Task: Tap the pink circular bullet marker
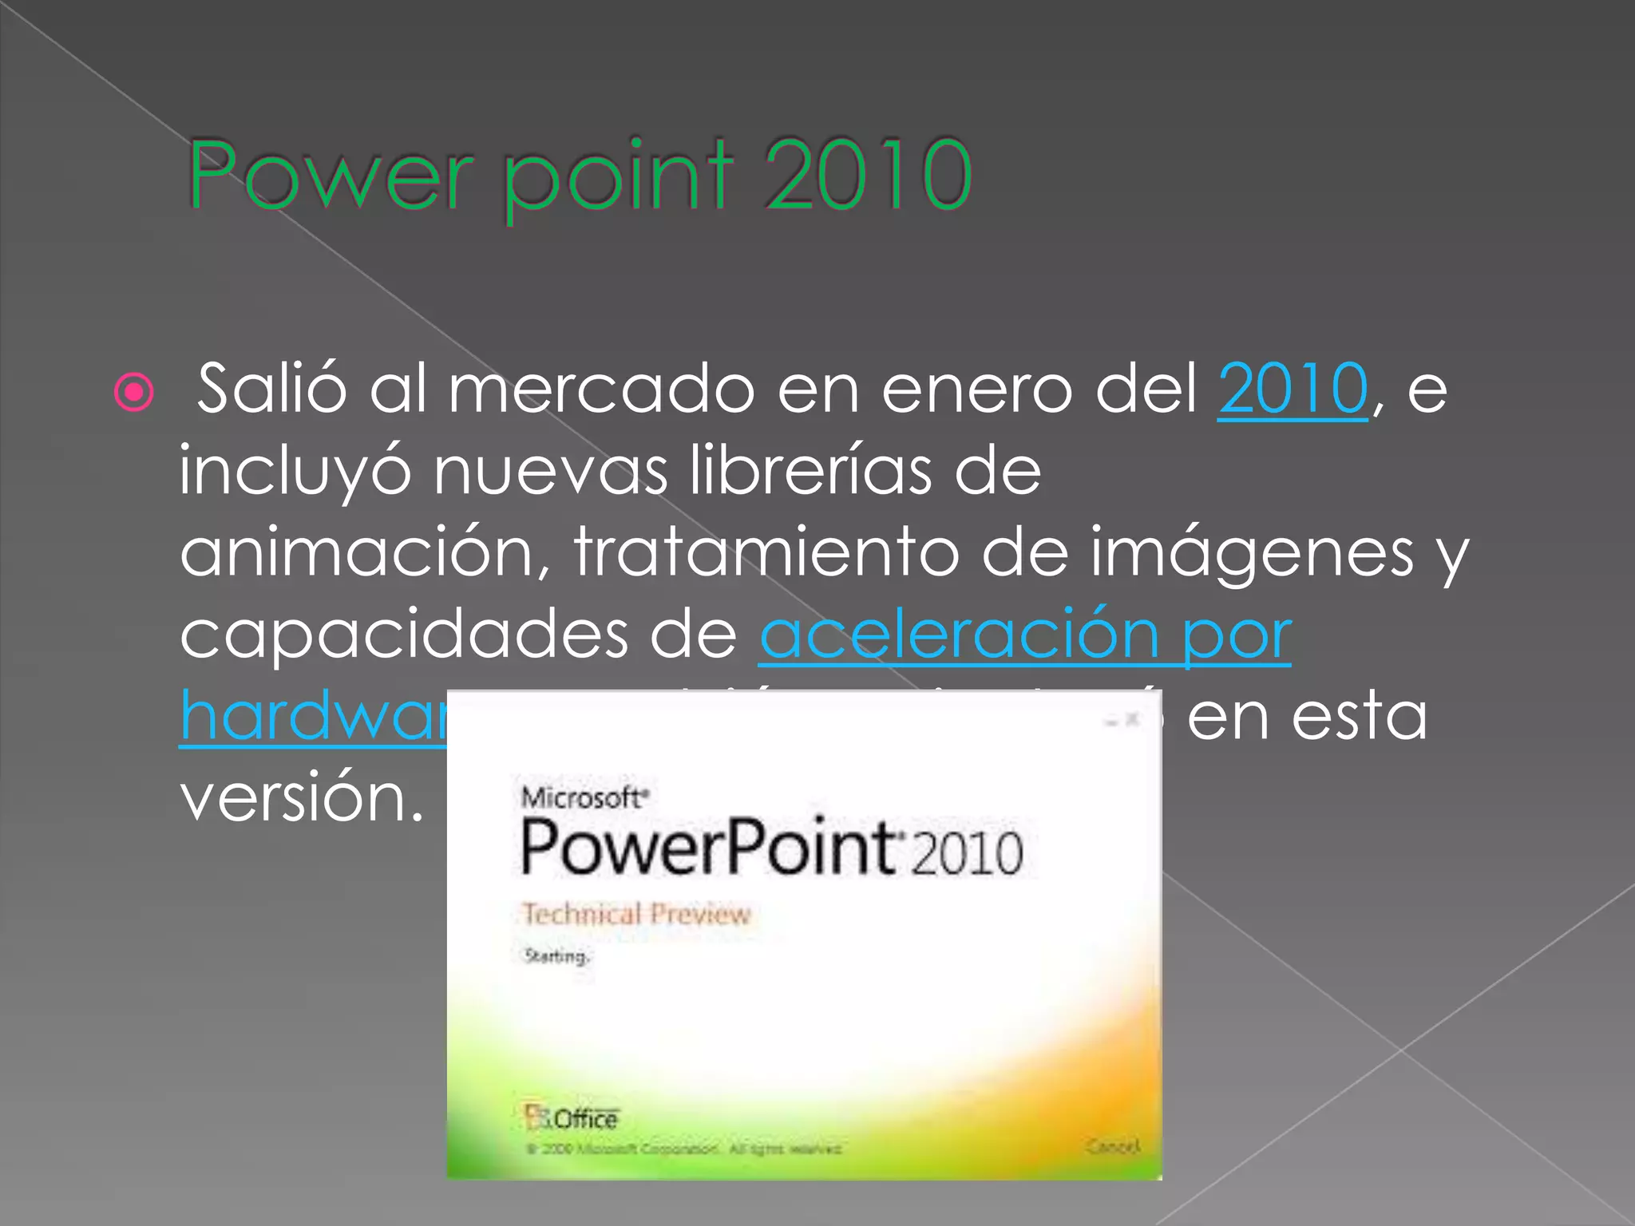click(x=133, y=392)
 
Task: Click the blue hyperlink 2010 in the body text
click(x=1293, y=389)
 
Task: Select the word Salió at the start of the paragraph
click(x=271, y=389)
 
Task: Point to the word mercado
click(x=601, y=389)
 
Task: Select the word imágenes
click(x=1252, y=554)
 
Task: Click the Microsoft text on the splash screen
click(x=584, y=797)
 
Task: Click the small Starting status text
click(x=556, y=956)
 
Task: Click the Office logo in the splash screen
click(x=572, y=1117)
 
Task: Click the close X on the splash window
click(x=1132, y=720)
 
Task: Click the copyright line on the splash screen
click(x=683, y=1149)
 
